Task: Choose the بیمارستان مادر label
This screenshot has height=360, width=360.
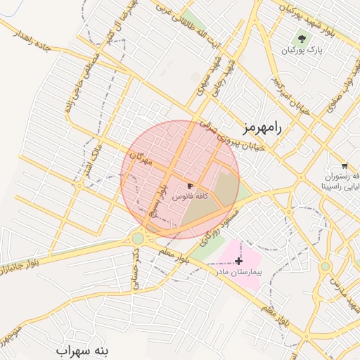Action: tap(237, 271)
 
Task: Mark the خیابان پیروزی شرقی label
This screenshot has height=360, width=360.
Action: tap(232, 135)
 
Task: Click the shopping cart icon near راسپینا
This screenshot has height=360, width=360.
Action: tap(344, 166)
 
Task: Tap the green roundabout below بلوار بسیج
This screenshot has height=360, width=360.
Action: tap(138, 238)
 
